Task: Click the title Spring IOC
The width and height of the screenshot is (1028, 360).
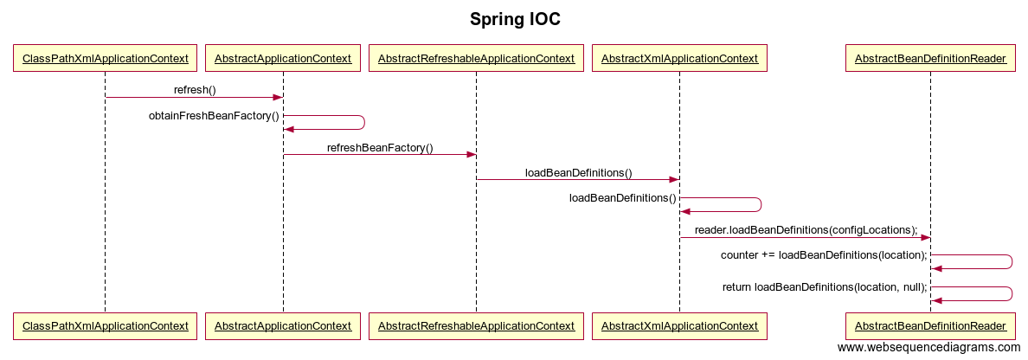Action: coord(515,20)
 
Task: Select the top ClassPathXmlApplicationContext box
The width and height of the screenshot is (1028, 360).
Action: coord(105,58)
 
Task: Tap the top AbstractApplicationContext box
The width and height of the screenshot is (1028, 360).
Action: coord(283,58)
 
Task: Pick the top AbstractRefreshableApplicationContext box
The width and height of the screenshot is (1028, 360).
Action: coord(476,58)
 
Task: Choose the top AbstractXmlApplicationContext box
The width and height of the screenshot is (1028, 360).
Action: coord(679,58)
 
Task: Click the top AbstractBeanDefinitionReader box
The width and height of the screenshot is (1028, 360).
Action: coord(929,58)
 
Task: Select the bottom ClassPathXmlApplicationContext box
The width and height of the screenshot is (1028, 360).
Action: coord(105,326)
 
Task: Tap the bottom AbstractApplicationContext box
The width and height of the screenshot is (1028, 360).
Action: coord(283,326)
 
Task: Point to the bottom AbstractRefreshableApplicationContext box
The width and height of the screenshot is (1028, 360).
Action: coord(476,326)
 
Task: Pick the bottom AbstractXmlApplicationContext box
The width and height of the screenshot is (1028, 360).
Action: coord(679,326)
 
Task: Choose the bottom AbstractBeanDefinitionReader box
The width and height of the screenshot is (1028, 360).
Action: coord(929,326)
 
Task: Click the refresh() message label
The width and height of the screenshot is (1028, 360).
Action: coord(195,91)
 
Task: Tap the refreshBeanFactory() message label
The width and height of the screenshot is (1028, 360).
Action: coord(380,147)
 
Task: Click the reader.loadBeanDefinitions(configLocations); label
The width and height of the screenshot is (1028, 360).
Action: coord(806,230)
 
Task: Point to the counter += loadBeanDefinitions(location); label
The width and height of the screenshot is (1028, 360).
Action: coord(824,255)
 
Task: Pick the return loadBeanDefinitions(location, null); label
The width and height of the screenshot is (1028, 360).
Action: coord(825,286)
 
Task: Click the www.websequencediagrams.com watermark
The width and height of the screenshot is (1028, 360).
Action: coord(929,348)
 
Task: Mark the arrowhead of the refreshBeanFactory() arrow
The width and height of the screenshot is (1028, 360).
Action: coord(471,155)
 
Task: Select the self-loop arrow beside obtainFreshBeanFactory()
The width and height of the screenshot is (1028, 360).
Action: coord(363,123)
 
